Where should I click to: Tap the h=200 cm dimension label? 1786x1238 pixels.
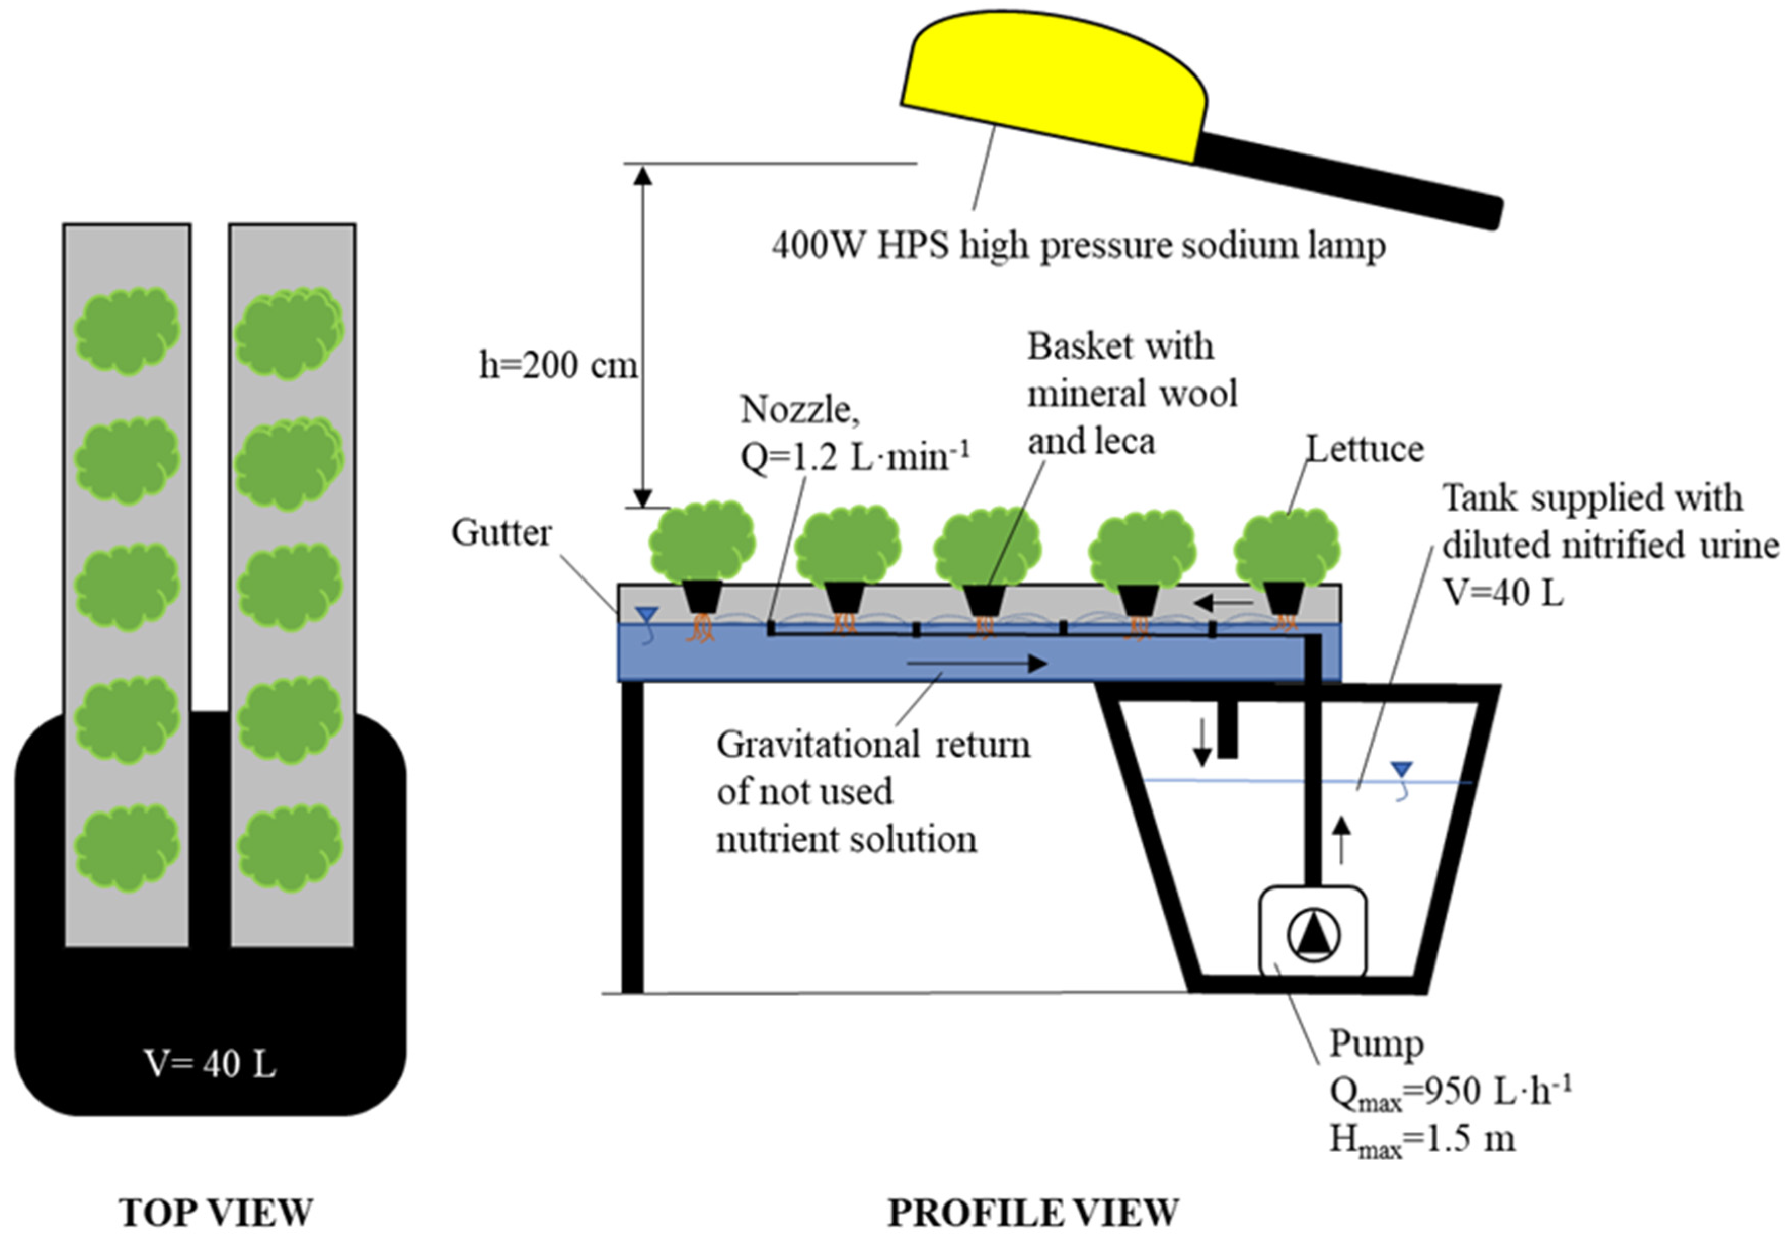pyautogui.click(x=558, y=365)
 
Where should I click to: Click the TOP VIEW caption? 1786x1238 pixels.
pyautogui.click(x=216, y=1212)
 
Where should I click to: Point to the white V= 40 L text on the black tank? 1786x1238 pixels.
pyautogui.click(x=209, y=1064)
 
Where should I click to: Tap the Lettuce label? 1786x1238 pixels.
pyautogui.click(x=1365, y=449)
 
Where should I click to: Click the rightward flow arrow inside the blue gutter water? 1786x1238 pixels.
pyautogui.click(x=977, y=663)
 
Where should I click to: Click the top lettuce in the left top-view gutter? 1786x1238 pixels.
pyautogui.click(x=127, y=330)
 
